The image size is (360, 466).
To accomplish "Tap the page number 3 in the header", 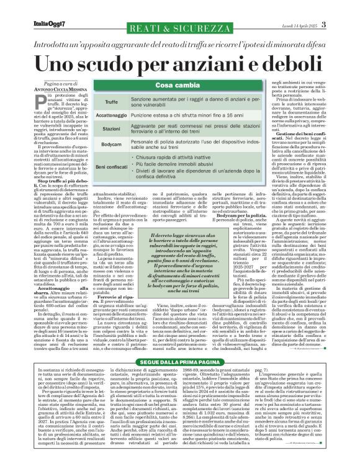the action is point(349,7).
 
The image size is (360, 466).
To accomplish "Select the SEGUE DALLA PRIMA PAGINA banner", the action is point(180,343).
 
